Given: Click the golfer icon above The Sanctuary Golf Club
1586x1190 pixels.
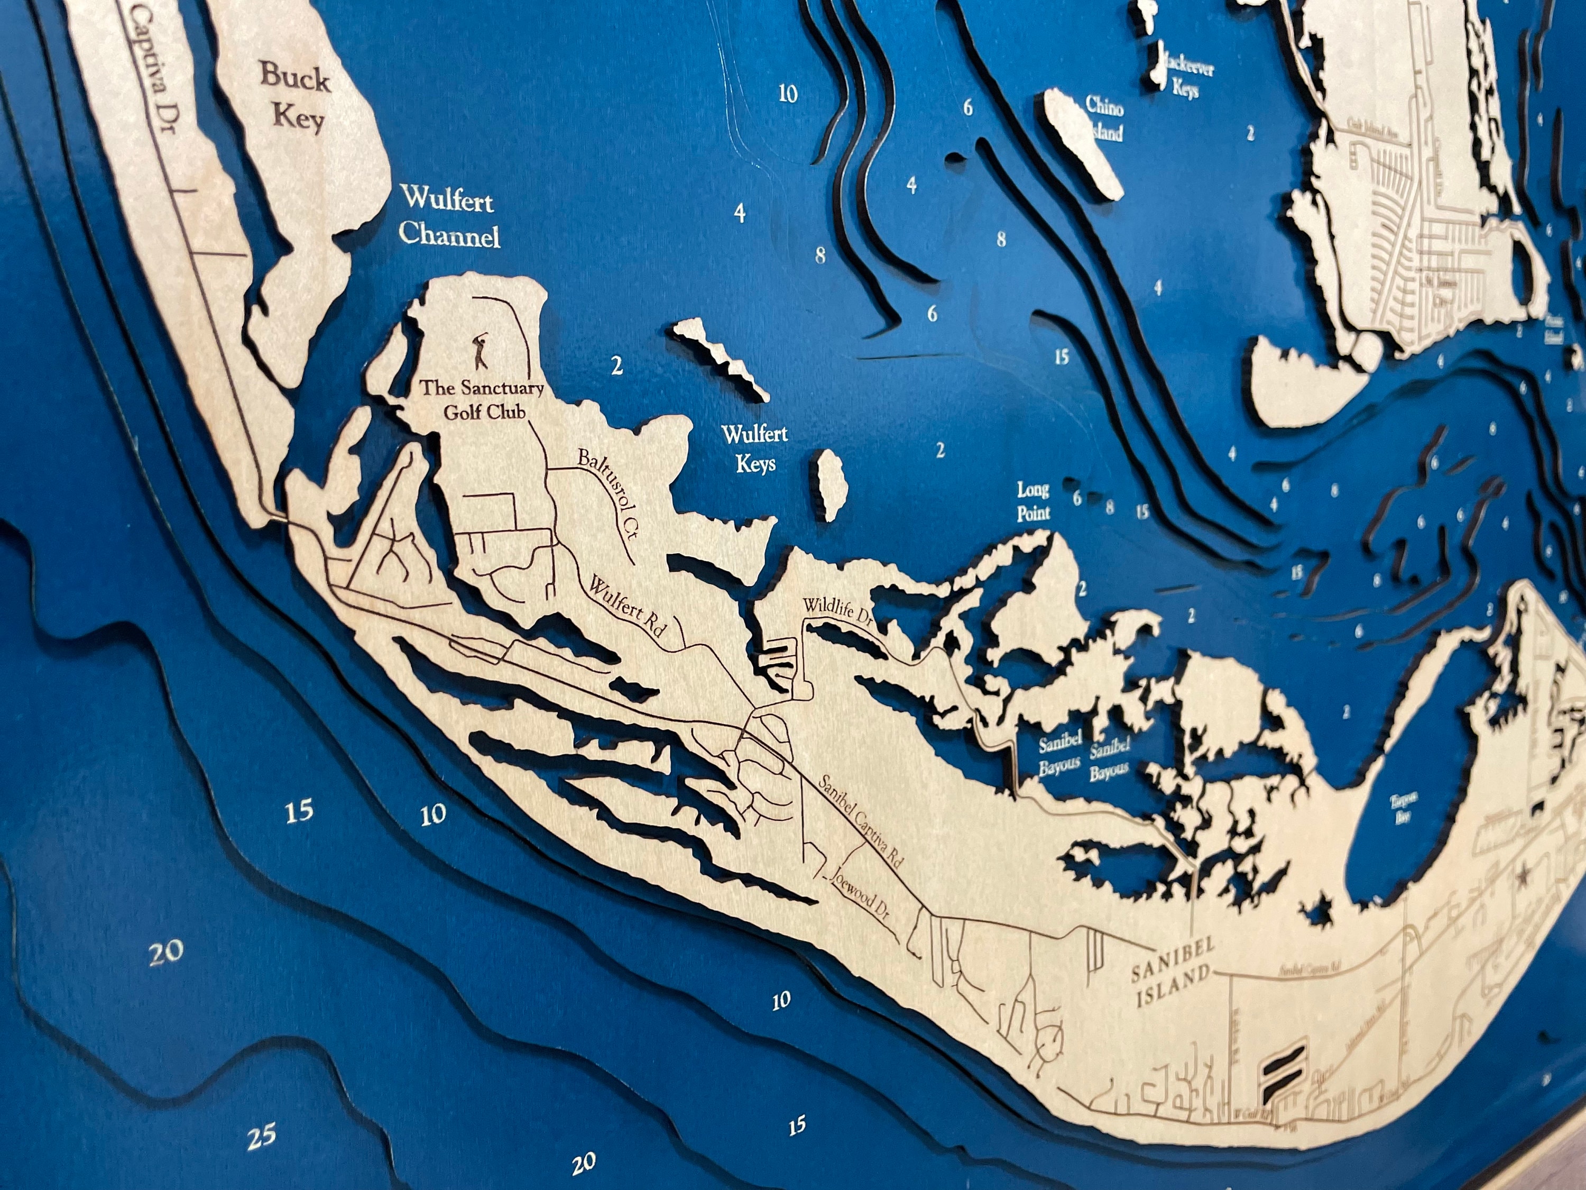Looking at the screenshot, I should pos(481,352).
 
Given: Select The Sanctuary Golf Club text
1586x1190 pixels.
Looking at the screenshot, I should pos(482,399).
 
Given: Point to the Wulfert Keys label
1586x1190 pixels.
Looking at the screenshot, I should pos(754,448).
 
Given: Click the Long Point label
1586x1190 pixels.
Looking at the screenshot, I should pos(1033,501).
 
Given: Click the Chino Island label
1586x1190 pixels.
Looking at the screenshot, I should pos(1105,118).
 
